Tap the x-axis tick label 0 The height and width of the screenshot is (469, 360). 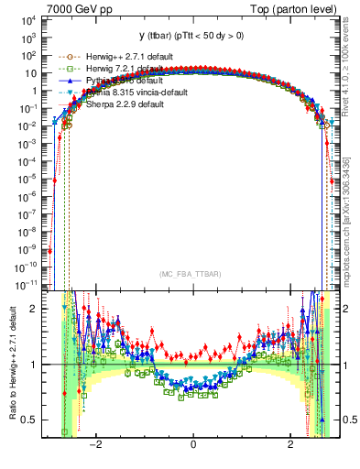point(193,445)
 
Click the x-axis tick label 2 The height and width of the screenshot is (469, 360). point(290,445)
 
